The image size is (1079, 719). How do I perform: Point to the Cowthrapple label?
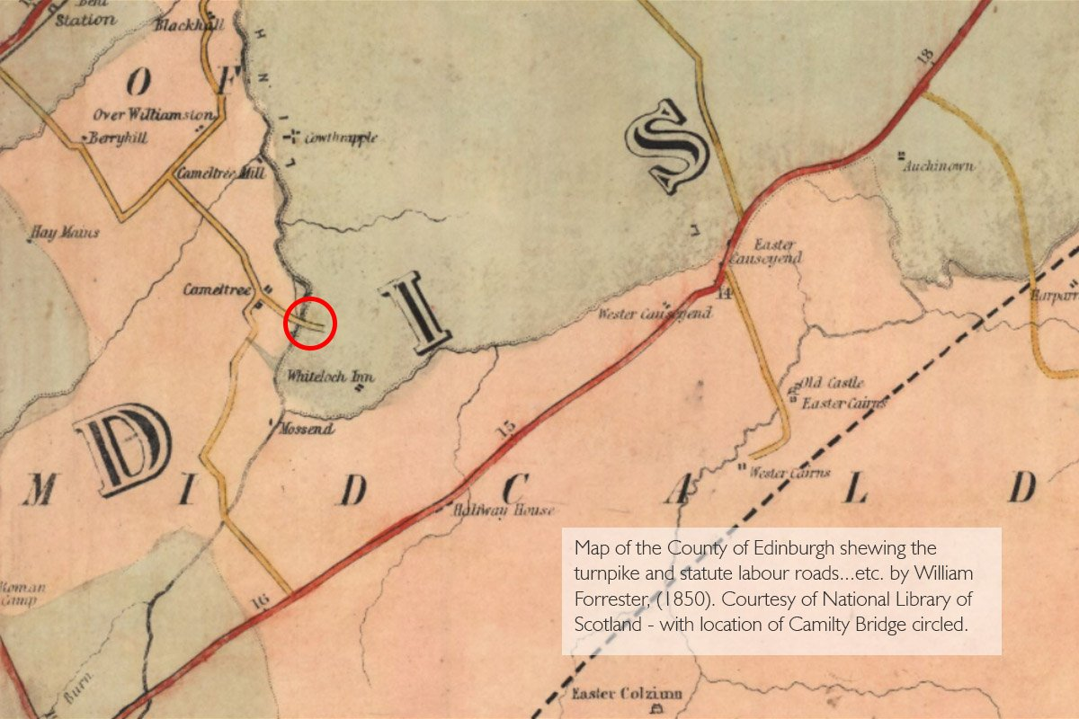pos(340,138)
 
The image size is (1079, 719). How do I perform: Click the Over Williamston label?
pos(155,115)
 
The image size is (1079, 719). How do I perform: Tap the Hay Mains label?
pos(65,232)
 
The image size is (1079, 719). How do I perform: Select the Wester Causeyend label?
pos(655,314)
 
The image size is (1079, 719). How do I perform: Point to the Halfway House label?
pos(504,510)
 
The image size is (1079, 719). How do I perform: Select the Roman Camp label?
pos(16,594)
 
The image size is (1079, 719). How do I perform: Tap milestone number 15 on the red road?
pos(506,430)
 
